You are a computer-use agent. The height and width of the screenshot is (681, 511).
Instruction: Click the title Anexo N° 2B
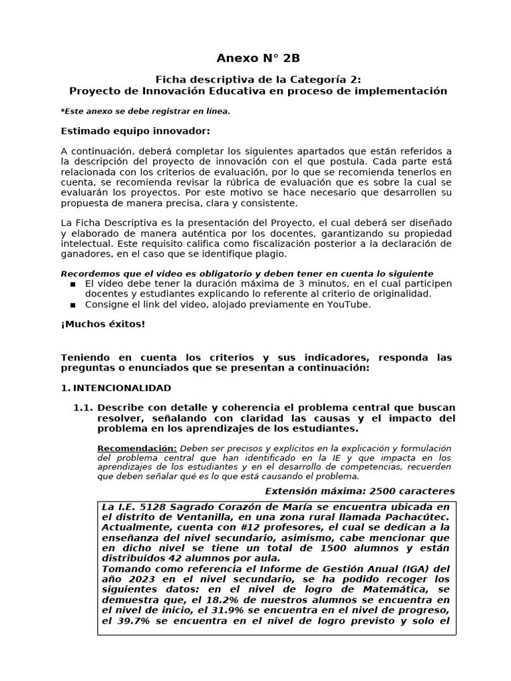(255, 58)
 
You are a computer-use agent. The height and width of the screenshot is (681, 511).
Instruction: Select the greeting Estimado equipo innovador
(135, 130)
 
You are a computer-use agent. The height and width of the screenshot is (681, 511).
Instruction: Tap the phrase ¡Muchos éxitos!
(102, 324)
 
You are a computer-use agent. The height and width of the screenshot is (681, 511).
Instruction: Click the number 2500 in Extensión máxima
(373, 491)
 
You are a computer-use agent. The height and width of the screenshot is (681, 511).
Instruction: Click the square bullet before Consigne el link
(73, 305)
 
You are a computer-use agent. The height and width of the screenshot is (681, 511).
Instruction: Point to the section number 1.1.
(83, 408)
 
